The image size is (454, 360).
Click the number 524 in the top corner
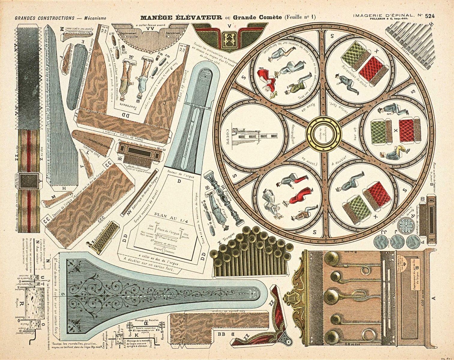(x=430, y=16)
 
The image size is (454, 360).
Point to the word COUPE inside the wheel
(x=228, y=137)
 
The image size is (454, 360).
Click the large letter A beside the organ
(x=433, y=298)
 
